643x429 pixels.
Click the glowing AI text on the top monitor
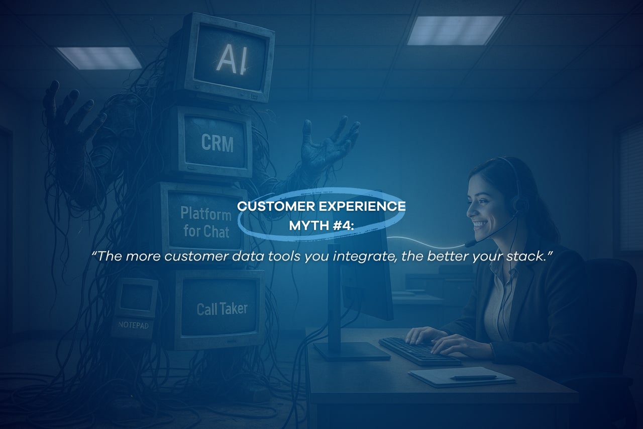point(232,59)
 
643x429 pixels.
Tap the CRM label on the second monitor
point(218,143)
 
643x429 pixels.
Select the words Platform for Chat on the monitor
point(206,222)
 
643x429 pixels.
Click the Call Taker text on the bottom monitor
point(222,309)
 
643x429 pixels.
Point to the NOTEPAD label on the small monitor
point(134,325)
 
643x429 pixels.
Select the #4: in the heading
point(343,225)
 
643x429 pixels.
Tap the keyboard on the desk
point(419,351)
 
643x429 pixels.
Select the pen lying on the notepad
point(473,378)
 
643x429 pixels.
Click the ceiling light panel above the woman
point(455,31)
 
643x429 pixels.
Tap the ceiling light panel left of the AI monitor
point(99,58)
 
